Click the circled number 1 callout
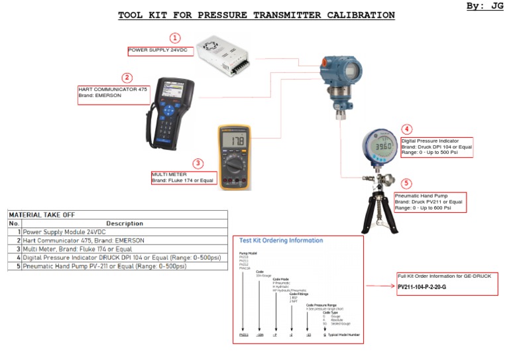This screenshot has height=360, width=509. point(175,38)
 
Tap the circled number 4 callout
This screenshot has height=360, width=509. point(406,129)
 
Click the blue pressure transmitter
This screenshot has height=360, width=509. point(343,78)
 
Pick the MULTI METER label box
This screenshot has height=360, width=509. point(184,177)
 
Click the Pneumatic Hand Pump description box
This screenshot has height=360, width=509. point(429,202)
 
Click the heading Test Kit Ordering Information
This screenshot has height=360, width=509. point(280,241)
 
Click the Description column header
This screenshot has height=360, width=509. point(125,223)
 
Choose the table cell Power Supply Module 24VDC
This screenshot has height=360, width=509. point(64,232)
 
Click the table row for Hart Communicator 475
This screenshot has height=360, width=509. point(83,241)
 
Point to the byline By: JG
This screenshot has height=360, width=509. point(485,6)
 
